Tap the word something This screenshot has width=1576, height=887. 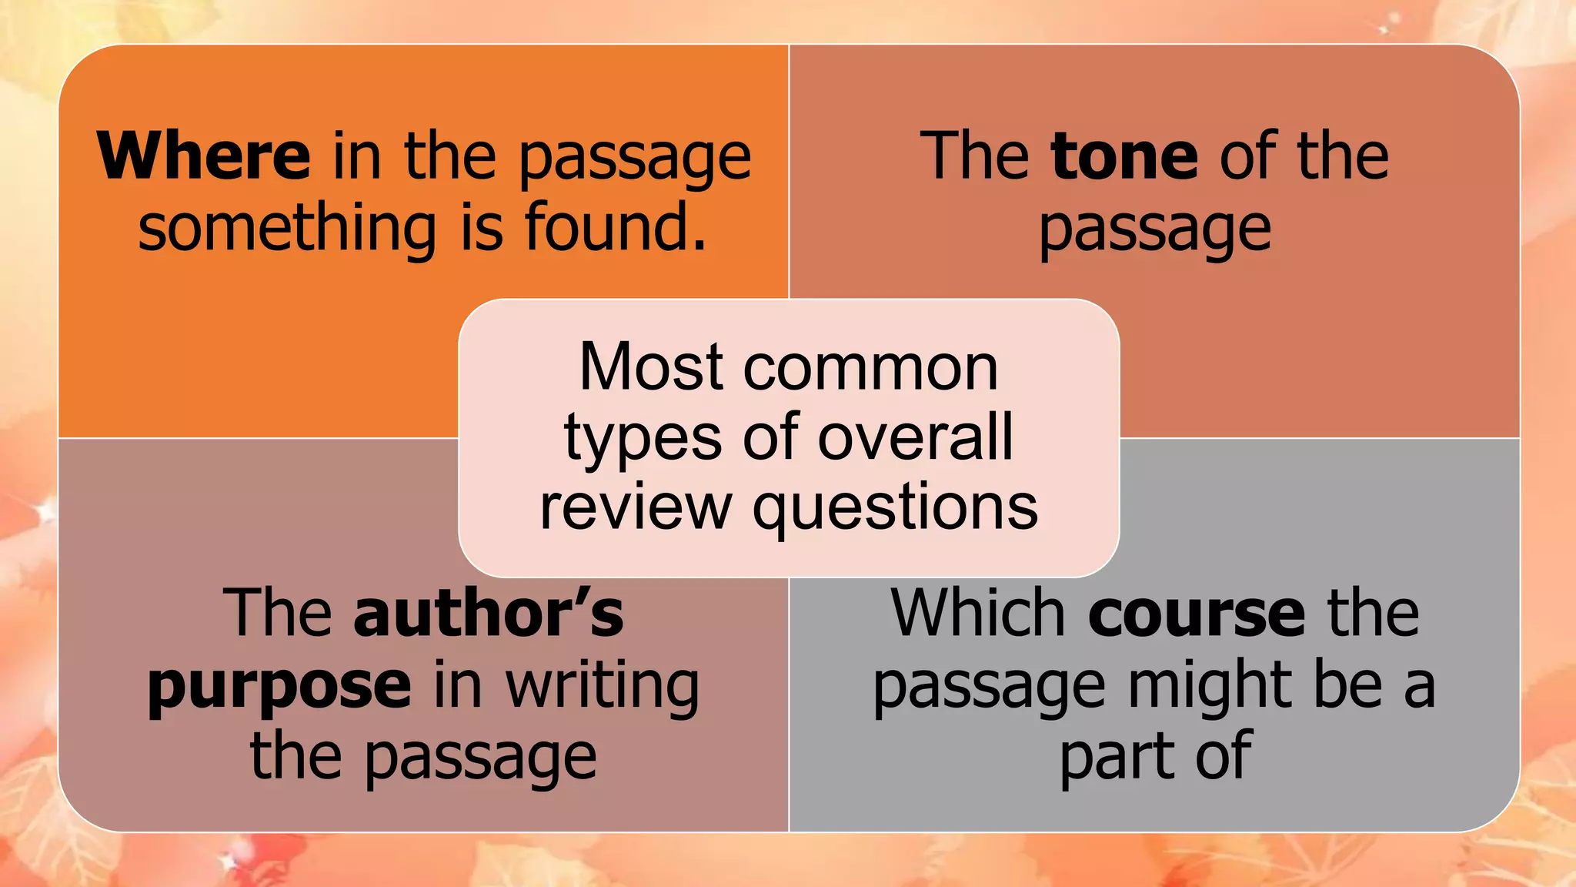pos(288,228)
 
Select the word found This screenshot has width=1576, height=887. pos(615,228)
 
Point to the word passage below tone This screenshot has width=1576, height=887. pos(1154,229)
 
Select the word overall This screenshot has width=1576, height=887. pos(915,437)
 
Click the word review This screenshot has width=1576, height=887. pos(636,507)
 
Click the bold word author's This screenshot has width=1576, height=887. pos(489,613)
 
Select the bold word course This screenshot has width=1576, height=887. pos(1197,614)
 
